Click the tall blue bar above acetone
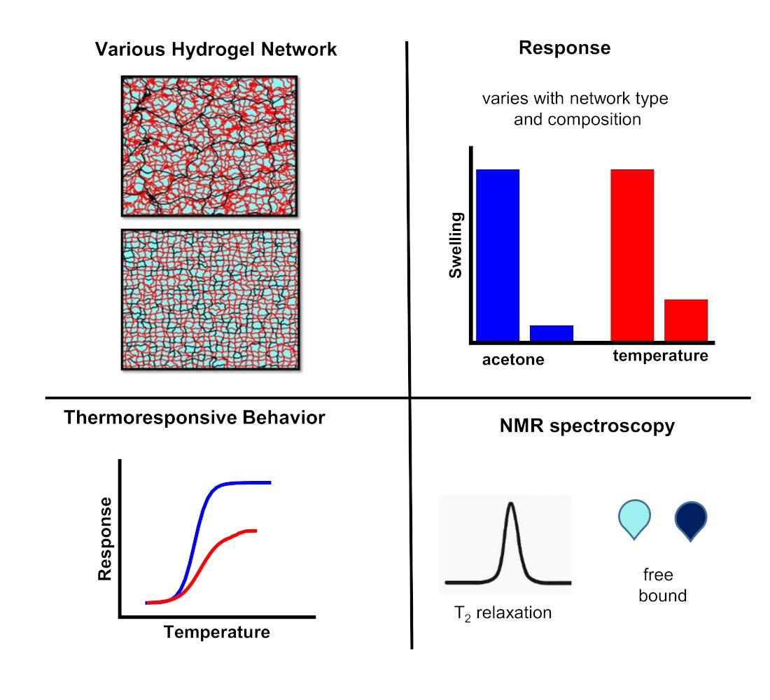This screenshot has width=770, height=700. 498,255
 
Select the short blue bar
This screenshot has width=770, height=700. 552,333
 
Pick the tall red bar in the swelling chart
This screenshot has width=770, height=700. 632,255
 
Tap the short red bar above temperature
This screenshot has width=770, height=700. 686,320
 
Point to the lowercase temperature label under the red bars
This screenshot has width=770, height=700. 661,356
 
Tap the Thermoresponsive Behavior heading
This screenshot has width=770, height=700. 194,419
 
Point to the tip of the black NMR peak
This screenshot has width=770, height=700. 511,504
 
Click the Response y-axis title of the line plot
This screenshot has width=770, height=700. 105,539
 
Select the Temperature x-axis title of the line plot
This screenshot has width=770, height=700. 217,633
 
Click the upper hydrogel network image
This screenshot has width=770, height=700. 210,146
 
